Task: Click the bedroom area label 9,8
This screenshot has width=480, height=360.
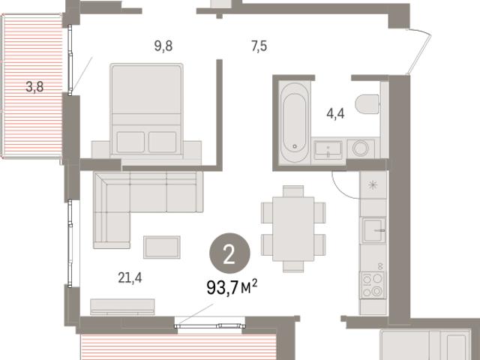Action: tap(163, 46)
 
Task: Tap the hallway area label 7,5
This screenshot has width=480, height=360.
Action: tap(259, 46)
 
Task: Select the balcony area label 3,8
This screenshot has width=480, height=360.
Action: tap(34, 87)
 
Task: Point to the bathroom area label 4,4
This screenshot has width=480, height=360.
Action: tap(335, 113)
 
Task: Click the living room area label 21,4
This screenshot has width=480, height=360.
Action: tap(130, 277)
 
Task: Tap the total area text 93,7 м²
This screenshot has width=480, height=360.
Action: tap(232, 286)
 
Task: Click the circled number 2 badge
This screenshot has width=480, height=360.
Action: tap(229, 253)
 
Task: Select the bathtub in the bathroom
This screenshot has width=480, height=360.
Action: tap(295, 122)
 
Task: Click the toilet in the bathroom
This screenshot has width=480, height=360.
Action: tap(367, 104)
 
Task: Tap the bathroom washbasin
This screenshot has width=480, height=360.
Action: tap(328, 150)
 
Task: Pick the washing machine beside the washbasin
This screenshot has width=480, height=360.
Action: tap(361, 148)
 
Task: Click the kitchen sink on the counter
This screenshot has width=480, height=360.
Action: tap(373, 230)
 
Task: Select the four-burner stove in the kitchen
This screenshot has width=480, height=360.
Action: tap(373, 285)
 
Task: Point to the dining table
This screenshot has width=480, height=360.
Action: tap(293, 229)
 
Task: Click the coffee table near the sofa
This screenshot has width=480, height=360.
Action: tap(162, 247)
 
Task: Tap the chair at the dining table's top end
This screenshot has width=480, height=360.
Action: tap(293, 191)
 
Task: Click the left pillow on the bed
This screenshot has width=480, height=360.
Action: tap(130, 142)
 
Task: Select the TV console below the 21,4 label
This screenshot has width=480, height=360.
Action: tap(122, 307)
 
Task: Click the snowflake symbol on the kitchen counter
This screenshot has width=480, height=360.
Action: tap(373, 185)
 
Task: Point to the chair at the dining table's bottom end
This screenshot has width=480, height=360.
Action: tap(293, 266)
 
